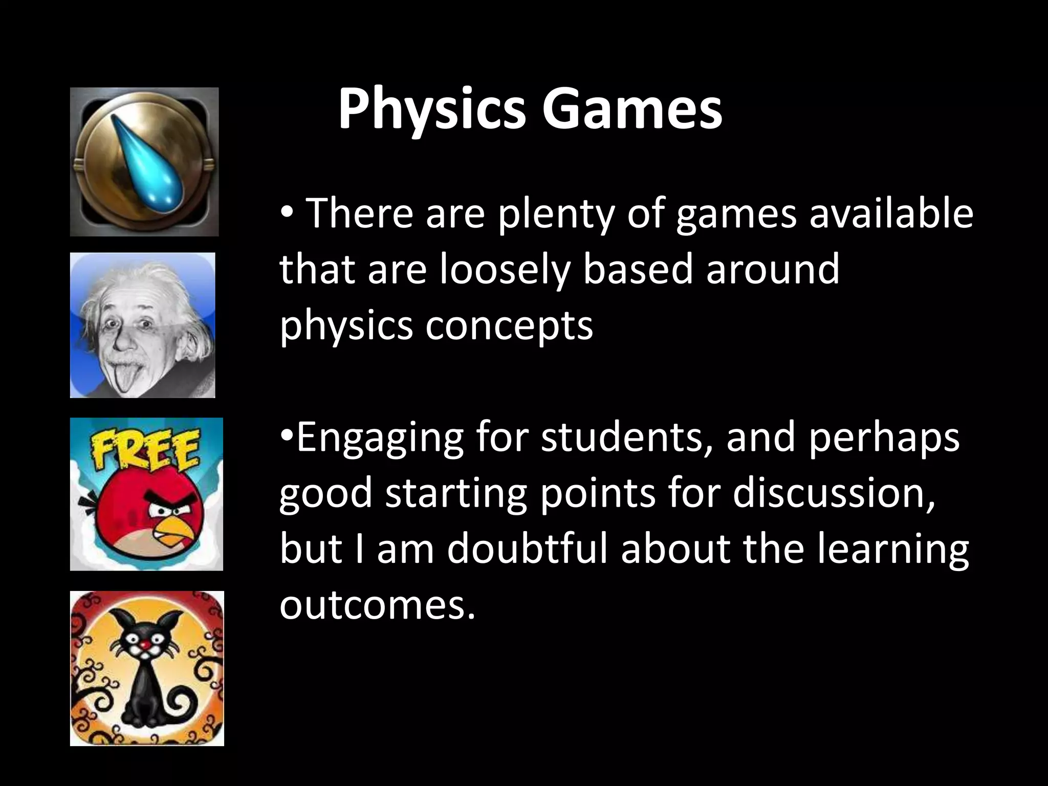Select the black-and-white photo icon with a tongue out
142,325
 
